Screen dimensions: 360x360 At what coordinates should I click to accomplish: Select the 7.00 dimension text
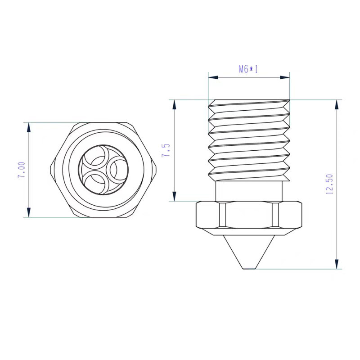coord(21,170)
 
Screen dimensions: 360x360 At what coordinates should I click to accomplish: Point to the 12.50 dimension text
coord(328,184)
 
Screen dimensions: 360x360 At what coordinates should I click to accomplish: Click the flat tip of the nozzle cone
coord(249,269)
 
